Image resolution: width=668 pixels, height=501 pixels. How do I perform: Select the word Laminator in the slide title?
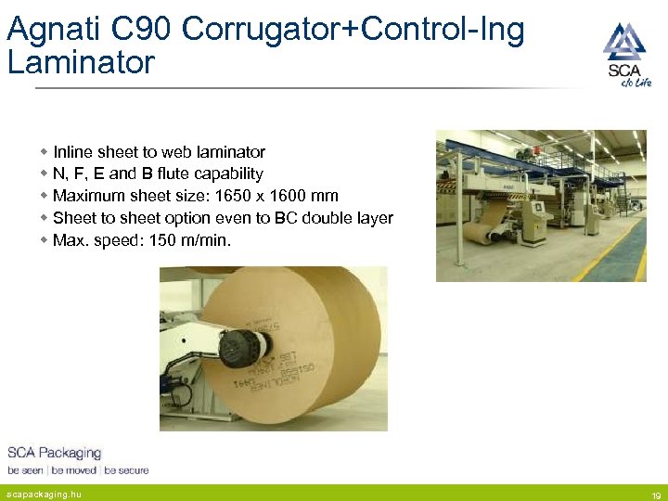point(80,63)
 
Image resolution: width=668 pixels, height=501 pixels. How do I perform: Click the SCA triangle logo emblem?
point(623,42)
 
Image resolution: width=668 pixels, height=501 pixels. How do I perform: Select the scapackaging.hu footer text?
point(44,495)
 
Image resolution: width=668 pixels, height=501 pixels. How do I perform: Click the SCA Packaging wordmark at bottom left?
point(54,453)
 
